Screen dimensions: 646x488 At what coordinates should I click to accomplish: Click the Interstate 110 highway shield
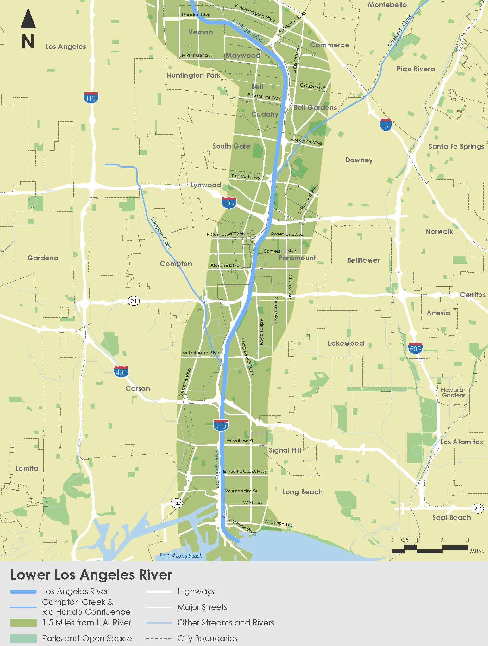(x=91, y=97)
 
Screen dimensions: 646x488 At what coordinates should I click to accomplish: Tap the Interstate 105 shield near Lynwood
(x=229, y=203)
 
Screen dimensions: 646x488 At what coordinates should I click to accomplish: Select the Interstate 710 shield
(x=221, y=425)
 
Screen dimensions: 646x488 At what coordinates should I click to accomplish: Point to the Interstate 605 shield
(x=415, y=348)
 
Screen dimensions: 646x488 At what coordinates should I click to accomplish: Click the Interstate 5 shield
(x=386, y=125)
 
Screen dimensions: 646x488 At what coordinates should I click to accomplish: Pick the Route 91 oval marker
(x=134, y=301)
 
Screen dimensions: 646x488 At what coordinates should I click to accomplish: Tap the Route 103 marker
(x=177, y=503)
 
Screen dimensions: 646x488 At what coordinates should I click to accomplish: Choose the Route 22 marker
(x=478, y=509)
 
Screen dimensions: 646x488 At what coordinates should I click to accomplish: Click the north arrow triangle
(x=28, y=19)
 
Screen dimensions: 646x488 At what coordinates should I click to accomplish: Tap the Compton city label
(x=176, y=264)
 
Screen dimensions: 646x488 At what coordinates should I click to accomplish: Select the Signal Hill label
(x=285, y=450)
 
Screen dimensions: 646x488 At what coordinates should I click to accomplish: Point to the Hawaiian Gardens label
(x=454, y=393)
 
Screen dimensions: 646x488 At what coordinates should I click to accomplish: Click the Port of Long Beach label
(x=181, y=555)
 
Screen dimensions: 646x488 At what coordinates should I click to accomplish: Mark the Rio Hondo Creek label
(x=400, y=31)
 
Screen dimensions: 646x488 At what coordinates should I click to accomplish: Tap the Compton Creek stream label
(x=161, y=233)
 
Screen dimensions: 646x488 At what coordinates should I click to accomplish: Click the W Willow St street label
(x=240, y=441)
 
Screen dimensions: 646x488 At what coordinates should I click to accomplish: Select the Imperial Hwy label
(x=245, y=176)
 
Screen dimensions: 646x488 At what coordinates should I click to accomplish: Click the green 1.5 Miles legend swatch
(x=23, y=623)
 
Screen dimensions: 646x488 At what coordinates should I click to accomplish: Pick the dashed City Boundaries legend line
(x=159, y=638)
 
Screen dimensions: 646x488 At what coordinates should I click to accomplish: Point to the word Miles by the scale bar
(x=477, y=551)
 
